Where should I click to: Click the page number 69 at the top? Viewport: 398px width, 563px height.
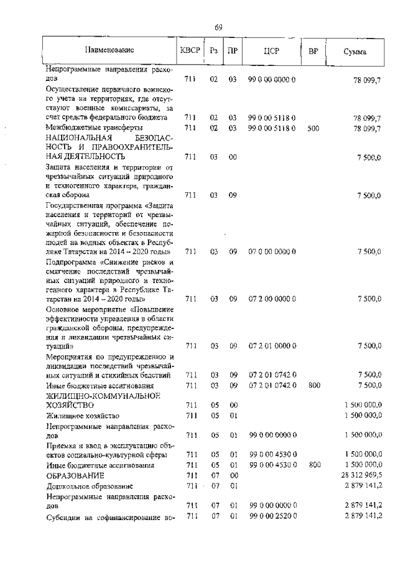(218, 27)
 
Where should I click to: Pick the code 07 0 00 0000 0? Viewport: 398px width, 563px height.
(272, 251)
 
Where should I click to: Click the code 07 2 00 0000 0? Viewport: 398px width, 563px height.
(272, 299)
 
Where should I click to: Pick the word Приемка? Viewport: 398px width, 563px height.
(62, 445)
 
